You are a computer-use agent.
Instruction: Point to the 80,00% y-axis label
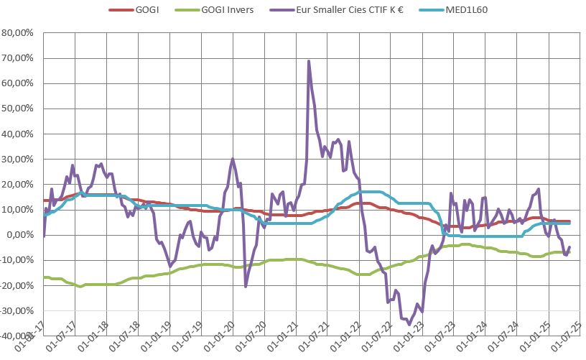pyautogui.click(x=20, y=33)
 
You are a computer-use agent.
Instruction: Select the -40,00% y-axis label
pyautogui.click(x=18, y=336)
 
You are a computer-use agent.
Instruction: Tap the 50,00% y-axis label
pyautogui.click(x=20, y=109)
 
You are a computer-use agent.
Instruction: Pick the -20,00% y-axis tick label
pyautogui.click(x=18, y=285)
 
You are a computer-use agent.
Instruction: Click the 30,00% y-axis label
pyautogui.click(x=20, y=159)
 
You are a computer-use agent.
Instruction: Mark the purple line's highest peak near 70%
pyautogui.click(x=309, y=61)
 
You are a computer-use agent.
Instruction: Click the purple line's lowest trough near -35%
pyautogui.click(x=409, y=324)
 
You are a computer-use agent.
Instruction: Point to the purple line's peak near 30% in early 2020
pyautogui.click(x=233, y=159)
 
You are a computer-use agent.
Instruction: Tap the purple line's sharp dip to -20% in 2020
pyautogui.click(x=246, y=287)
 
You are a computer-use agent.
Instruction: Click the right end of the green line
pyautogui.click(x=569, y=252)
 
